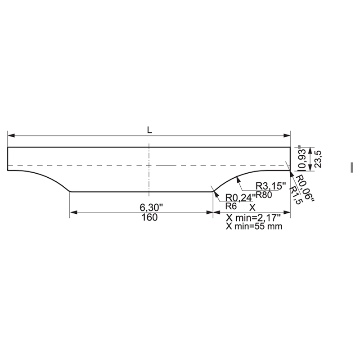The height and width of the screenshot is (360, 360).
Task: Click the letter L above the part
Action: [149, 130]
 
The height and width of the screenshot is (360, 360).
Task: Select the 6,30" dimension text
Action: [151, 207]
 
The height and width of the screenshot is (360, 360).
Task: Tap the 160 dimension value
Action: [149, 217]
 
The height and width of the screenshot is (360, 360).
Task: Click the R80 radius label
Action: [264, 195]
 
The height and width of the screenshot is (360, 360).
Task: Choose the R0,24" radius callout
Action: [241, 198]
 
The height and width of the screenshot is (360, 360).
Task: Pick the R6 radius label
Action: [231, 206]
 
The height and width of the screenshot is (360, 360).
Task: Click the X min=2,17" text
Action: [253, 217]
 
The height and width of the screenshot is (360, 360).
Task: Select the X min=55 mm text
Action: [254, 226]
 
